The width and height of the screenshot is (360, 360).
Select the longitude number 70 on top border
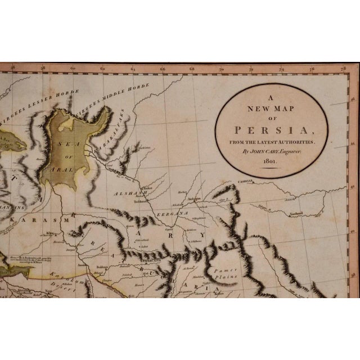coord(220,72)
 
